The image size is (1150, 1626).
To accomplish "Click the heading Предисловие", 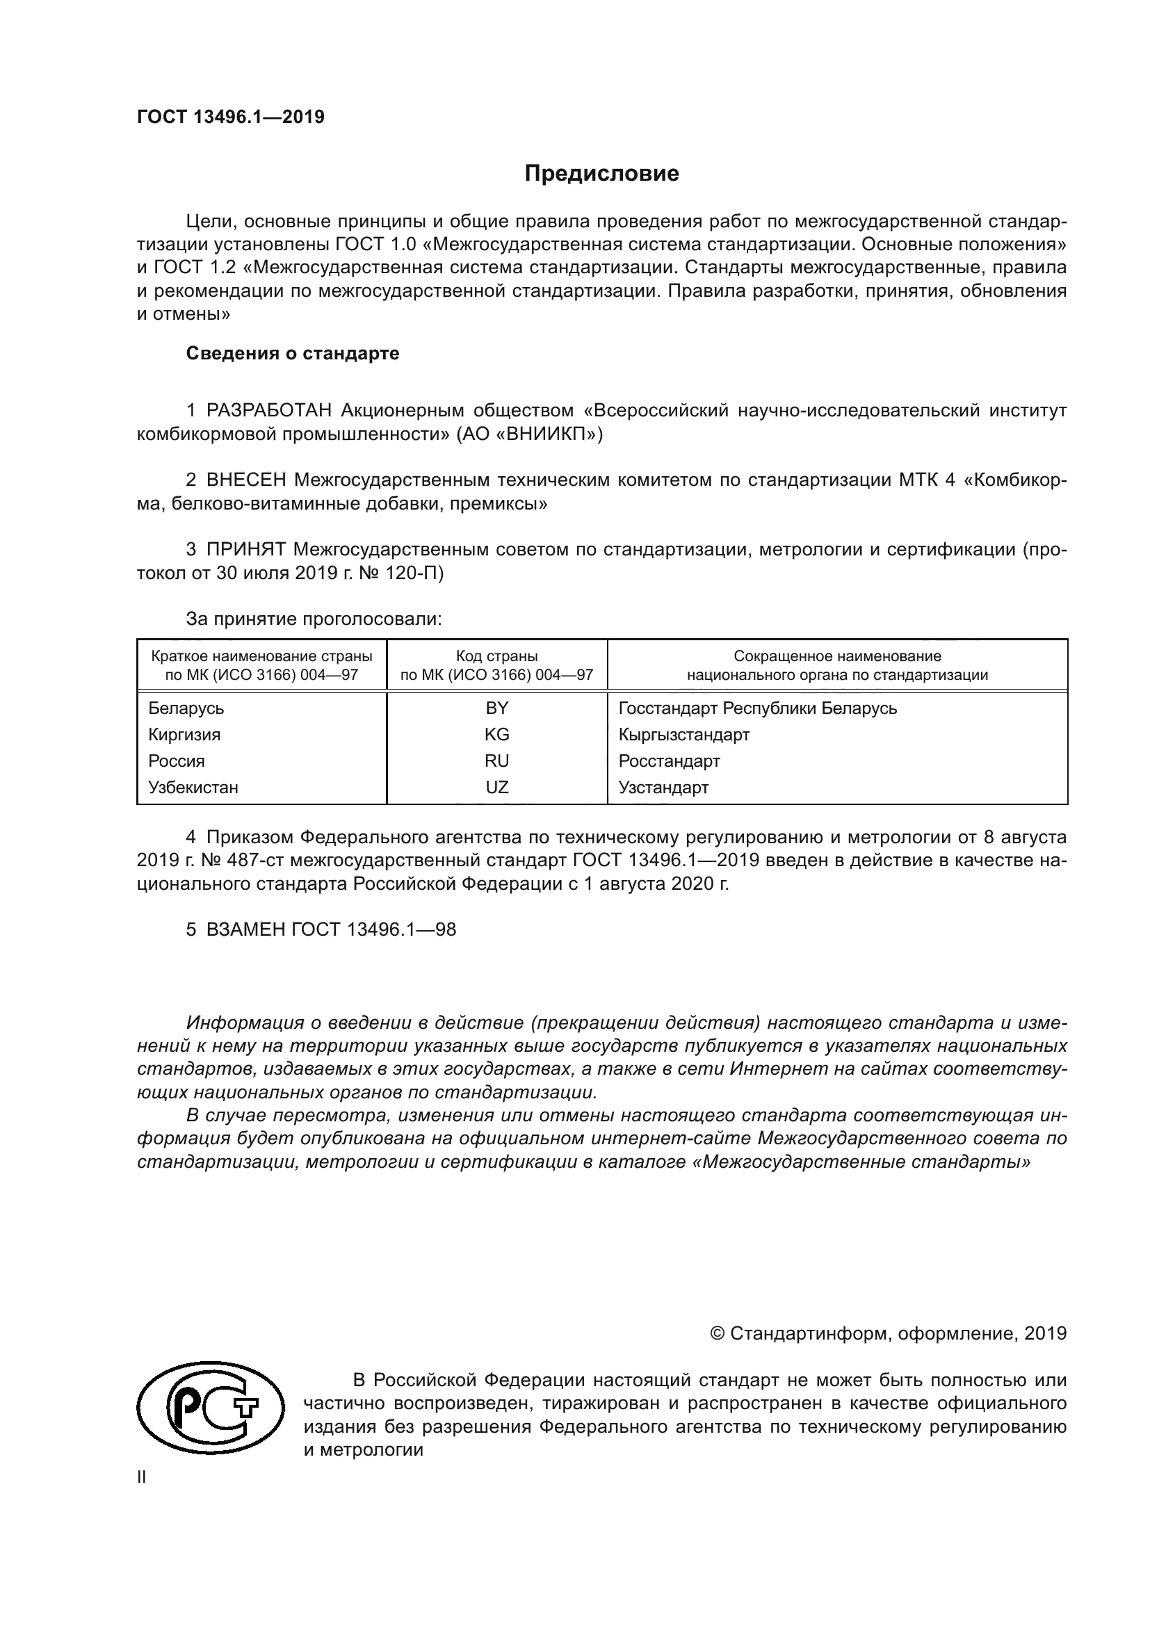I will pyautogui.click(x=601, y=174).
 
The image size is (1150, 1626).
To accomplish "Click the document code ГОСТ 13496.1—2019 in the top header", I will pyautogui.click(x=231, y=117).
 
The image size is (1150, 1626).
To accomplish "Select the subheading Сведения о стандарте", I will pyautogui.click(x=293, y=353).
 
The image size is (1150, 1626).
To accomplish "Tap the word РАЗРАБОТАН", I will pyautogui.click(x=269, y=411).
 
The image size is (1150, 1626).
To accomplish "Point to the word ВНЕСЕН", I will pyautogui.click(x=246, y=480).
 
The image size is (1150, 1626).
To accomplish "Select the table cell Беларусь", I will pyautogui.click(x=186, y=708).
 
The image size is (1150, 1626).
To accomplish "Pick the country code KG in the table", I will pyautogui.click(x=496, y=734).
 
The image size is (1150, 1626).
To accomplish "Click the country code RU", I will pyautogui.click(x=496, y=761).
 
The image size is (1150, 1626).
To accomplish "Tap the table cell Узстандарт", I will pyautogui.click(x=663, y=788).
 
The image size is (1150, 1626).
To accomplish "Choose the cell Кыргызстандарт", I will pyautogui.click(x=684, y=734).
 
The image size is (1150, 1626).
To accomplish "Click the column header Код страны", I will pyautogui.click(x=496, y=656).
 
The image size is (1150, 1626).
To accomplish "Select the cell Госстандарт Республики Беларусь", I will pyautogui.click(x=758, y=708).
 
